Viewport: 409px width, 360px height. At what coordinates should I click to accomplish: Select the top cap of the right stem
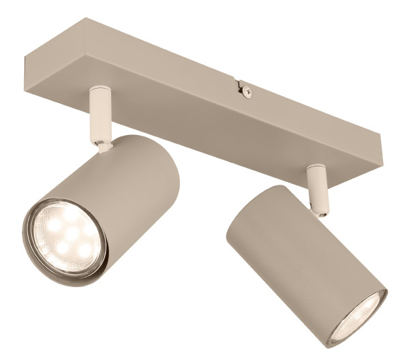coord(315,168)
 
